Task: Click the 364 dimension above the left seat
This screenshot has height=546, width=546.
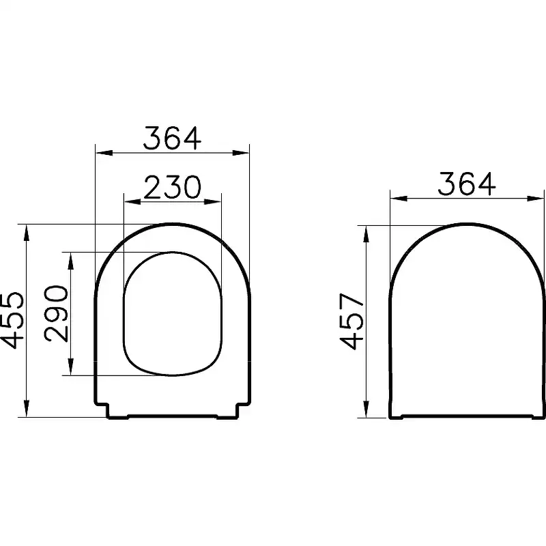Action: coord(172,139)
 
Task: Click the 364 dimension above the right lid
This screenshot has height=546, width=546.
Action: coord(467,184)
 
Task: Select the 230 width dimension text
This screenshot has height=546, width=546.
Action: coord(172,187)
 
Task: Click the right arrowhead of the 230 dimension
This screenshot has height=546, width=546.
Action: coord(216,201)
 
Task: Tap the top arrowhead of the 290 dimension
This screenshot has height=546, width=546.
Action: coord(70,258)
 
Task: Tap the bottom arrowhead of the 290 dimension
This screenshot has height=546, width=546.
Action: coord(70,369)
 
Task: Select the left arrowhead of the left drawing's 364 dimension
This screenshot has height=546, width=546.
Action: coord(101,152)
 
